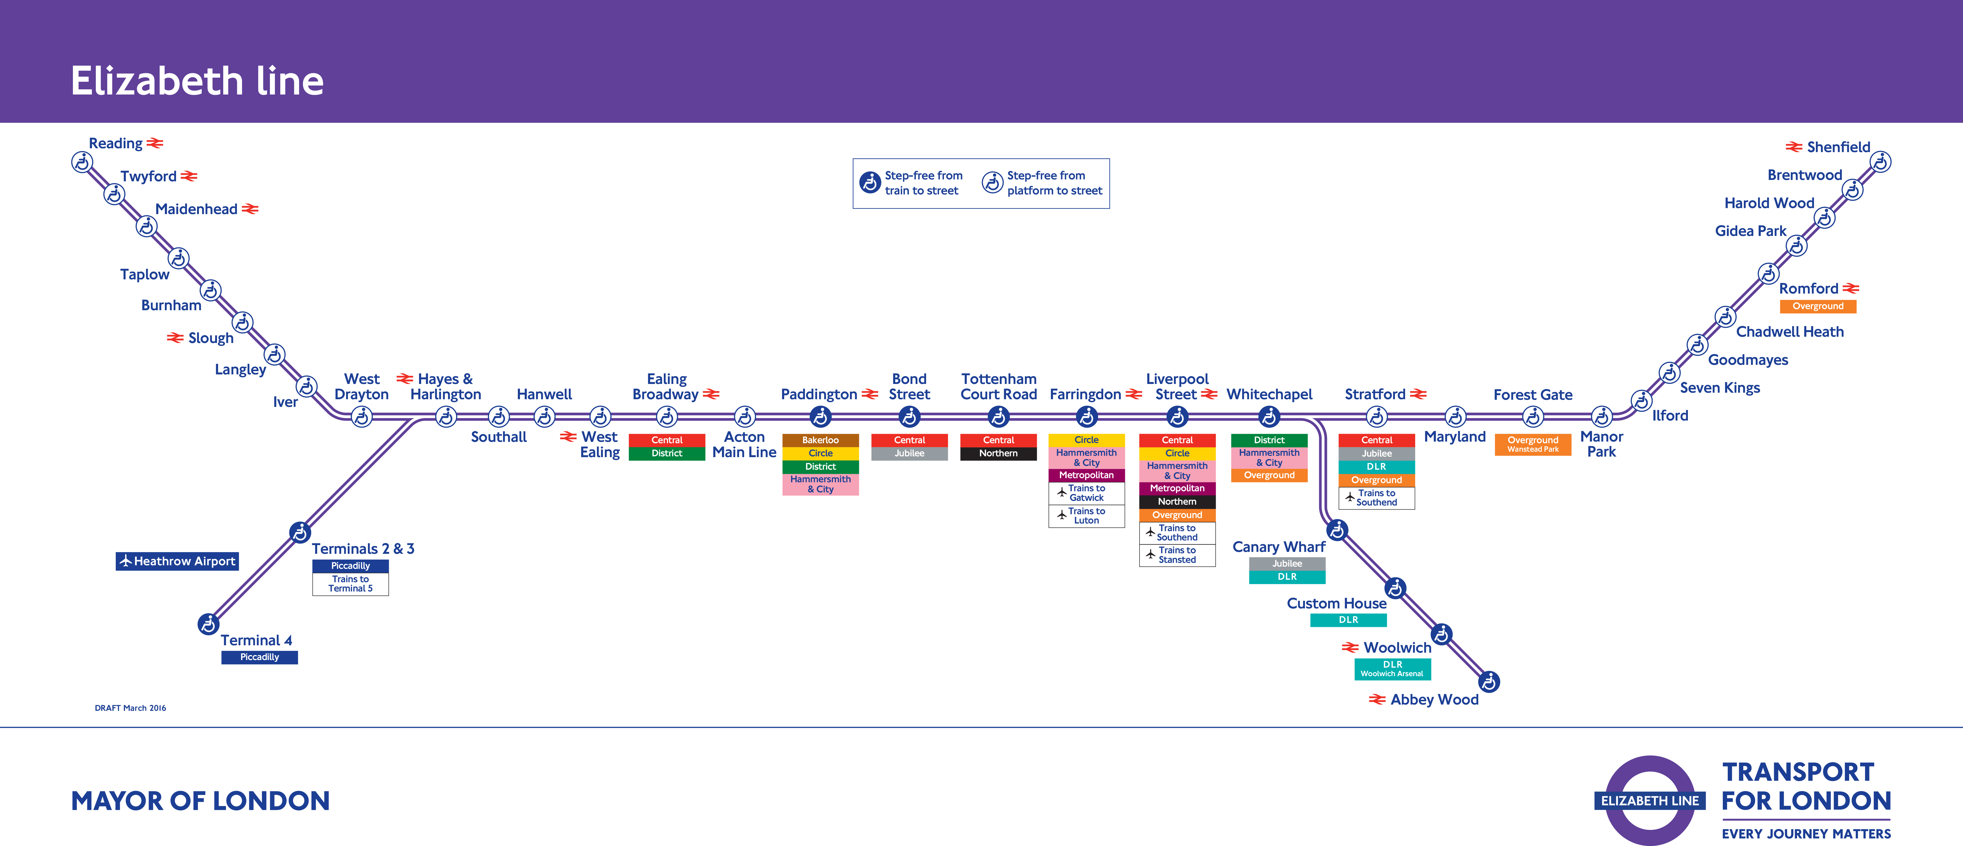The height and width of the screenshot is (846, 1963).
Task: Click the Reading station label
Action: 116,143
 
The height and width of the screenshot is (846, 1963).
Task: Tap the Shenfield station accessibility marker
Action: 1881,162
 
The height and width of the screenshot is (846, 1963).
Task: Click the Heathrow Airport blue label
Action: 178,561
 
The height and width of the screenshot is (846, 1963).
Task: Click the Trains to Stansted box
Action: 1177,555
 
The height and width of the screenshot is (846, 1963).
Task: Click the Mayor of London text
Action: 200,801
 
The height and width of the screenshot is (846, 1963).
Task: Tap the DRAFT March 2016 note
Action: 130,708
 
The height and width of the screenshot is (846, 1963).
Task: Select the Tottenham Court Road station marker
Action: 998,416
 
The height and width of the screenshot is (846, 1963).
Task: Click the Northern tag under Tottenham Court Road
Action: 998,454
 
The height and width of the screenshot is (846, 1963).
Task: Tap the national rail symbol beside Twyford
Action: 189,176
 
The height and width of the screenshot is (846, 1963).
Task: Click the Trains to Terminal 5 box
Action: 350,584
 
